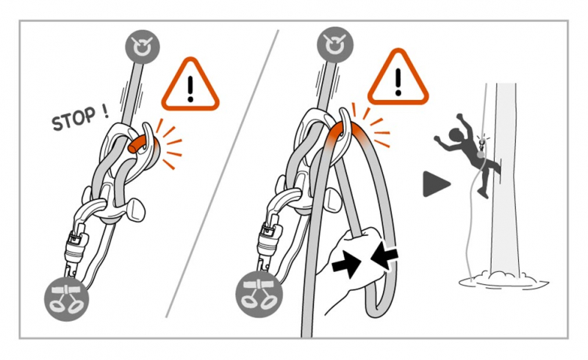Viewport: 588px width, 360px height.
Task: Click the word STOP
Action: [x=73, y=119]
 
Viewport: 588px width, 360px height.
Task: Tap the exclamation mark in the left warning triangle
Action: [x=190, y=89]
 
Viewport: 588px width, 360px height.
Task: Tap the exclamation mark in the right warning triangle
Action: [x=398, y=82]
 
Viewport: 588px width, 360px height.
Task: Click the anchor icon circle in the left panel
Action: [x=143, y=47]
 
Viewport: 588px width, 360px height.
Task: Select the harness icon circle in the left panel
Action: [x=67, y=300]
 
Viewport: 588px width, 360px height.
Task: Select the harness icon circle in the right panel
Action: [x=258, y=295]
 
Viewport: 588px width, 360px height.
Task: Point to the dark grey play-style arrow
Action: [x=436, y=184]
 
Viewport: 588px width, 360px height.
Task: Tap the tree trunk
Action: [x=506, y=180]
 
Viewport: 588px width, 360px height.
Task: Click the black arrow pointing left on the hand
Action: [x=384, y=256]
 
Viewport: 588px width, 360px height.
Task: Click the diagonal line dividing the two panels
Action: [x=222, y=173]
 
